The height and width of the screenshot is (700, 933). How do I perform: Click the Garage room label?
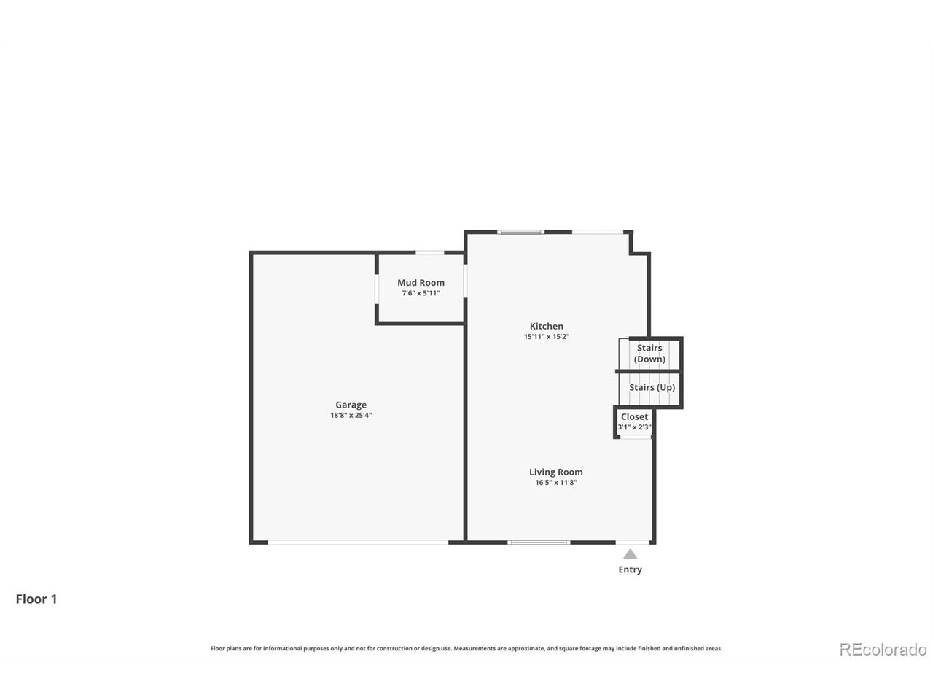[351, 405]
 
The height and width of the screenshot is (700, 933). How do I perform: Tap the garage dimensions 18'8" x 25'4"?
[351, 415]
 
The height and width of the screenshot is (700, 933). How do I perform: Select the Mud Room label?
[421, 283]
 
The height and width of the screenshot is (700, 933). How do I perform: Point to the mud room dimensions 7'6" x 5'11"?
[421, 293]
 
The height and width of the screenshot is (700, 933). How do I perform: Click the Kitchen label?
[546, 326]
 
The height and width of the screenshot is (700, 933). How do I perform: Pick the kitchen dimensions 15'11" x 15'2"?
[546, 337]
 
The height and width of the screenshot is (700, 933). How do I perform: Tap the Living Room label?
[555, 472]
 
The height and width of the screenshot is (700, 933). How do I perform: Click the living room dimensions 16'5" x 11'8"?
[555, 482]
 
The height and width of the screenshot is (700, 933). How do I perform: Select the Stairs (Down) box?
[649, 354]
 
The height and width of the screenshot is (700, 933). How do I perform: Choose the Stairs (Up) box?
[651, 387]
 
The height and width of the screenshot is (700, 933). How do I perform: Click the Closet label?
[634, 416]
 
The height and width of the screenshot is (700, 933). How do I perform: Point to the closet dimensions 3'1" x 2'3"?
[634, 427]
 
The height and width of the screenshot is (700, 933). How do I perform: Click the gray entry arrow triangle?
[630, 554]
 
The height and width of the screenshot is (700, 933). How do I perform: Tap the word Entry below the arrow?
[630, 569]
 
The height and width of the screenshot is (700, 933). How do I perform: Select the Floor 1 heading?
[36, 599]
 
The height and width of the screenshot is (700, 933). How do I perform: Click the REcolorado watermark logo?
[883, 649]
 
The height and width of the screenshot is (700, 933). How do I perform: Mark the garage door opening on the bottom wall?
[358, 542]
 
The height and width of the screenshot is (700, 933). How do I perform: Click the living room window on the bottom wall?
[538, 542]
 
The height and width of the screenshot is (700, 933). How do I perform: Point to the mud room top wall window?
[429, 253]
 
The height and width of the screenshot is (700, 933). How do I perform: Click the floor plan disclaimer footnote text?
[466, 648]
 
